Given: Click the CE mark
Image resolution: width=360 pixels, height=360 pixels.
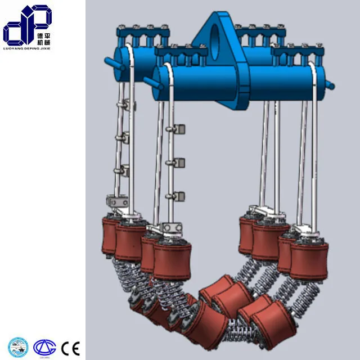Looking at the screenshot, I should (x=71, y=346).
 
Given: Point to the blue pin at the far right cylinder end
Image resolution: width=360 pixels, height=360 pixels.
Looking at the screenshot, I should (x=330, y=86).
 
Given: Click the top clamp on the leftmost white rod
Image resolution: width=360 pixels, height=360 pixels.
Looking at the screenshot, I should (x=125, y=104).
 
